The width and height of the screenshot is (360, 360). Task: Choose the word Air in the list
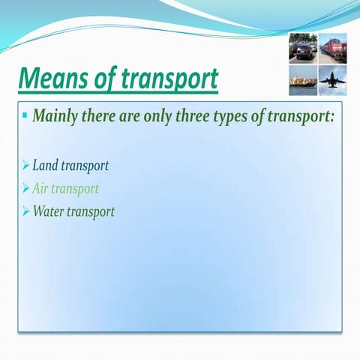pyautogui.click(x=42, y=188)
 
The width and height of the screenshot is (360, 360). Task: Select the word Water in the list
pyautogui.click(x=49, y=211)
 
